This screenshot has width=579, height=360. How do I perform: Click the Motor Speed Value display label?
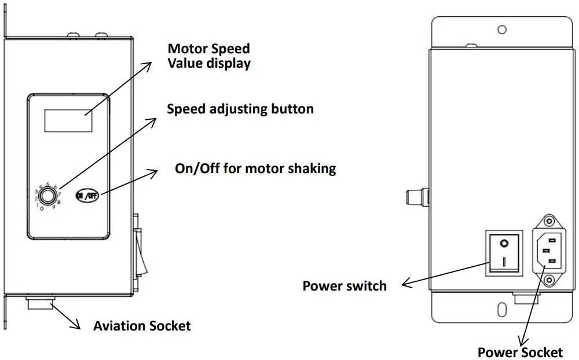click(209, 56)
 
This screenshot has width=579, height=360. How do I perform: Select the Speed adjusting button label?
click(240, 109)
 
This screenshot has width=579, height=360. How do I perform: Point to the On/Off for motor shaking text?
click(255, 168)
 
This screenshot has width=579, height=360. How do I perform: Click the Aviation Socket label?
click(142, 326)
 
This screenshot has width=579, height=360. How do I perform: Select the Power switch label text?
click(345, 285)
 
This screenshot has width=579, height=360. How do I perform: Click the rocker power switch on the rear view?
click(504, 252)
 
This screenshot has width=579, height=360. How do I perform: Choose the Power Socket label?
click(520, 352)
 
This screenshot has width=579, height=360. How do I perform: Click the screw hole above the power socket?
click(547, 222)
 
